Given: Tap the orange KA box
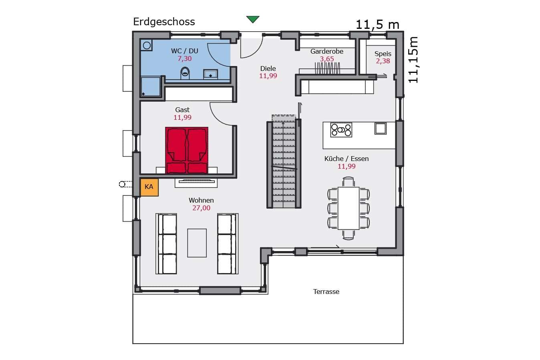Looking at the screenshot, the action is (149, 187).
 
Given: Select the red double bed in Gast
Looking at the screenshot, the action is (187, 150).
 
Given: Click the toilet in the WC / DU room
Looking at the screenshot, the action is (185, 73).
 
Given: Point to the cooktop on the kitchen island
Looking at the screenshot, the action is (341, 130).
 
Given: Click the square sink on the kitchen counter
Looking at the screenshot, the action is (381, 129).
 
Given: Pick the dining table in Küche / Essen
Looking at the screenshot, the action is (349, 208).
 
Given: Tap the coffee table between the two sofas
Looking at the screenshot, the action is (197, 243).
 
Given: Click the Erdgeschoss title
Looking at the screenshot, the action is (164, 22).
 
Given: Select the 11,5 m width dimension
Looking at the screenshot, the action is (377, 24).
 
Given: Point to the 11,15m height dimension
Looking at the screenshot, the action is (413, 60).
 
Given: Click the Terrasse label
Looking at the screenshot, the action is (326, 292).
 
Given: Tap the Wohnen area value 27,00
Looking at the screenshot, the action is (201, 208).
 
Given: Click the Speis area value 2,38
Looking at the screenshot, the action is (383, 61).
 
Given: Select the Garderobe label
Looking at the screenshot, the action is (326, 51).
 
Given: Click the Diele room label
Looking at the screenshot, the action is (268, 68).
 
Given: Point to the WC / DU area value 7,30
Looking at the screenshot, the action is (185, 58).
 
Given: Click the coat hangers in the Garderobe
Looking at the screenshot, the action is (327, 68).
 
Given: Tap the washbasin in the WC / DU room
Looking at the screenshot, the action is (210, 74).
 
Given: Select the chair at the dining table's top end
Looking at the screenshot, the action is (349, 182).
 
